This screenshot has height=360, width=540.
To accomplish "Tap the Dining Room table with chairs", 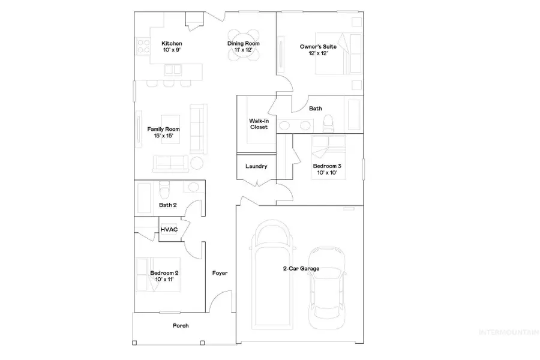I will click(244, 43).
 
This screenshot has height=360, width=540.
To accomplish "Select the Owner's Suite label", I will click(317, 46).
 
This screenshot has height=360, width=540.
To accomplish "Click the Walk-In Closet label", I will click(259, 124).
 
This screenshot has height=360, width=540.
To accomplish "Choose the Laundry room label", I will click(256, 166).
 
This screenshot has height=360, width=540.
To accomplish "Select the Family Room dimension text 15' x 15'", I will click(163, 136).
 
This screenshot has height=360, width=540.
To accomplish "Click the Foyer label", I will click(220, 273).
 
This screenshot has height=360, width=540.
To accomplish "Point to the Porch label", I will click(181, 326).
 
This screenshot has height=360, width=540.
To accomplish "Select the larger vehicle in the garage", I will click(274, 282).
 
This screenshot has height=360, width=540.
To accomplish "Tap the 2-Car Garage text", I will click(301, 269).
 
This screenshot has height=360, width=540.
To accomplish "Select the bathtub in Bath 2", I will click(146, 194).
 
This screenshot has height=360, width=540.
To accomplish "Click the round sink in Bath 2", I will click(192, 188).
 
